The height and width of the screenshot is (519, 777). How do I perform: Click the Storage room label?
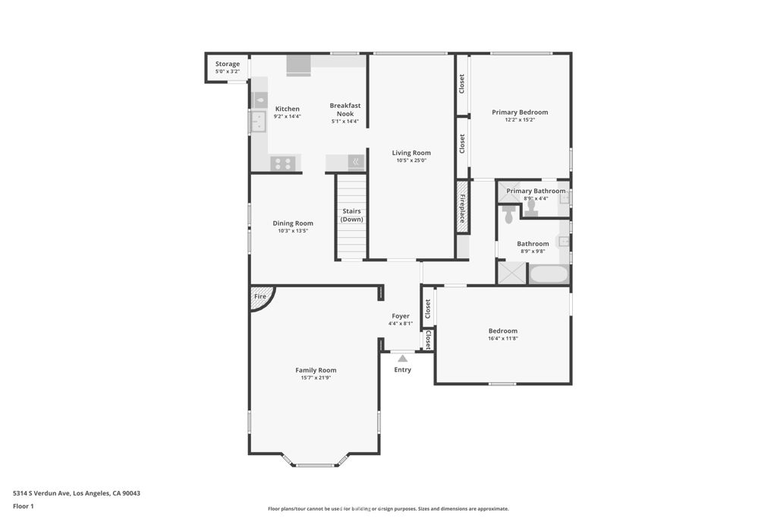coord(228,64)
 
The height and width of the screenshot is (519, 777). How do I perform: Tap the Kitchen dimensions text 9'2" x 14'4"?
coord(288,116)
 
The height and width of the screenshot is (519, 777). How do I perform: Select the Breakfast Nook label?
coord(345,109)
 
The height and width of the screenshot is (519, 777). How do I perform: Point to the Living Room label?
coord(411,153)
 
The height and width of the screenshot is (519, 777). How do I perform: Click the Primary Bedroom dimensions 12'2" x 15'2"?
coord(520,119)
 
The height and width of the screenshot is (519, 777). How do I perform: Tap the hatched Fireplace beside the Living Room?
coord(462,207)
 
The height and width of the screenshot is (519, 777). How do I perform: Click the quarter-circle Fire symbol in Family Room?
coord(261,298)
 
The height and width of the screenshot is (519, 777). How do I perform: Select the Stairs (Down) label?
coord(352,215)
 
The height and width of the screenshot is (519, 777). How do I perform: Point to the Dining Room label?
coord(293,223)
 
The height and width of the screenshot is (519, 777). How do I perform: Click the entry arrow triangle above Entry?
coord(403,358)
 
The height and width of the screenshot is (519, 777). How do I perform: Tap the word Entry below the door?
coord(402,369)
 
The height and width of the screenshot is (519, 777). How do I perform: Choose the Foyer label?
coord(401,316)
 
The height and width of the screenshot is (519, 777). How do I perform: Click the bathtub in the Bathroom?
coord(549,274)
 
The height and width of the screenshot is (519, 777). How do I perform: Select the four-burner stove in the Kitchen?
coord(283,163)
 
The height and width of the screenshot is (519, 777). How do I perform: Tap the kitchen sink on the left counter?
coord(258,121)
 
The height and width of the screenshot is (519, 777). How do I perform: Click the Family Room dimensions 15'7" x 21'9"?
coord(316,378)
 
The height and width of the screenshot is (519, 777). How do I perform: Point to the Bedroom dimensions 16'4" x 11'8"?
coord(503,338)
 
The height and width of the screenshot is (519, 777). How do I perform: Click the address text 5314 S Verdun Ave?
coord(42,493)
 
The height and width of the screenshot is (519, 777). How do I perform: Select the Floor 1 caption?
coord(24,507)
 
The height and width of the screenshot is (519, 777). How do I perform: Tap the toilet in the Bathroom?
coord(508,214)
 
